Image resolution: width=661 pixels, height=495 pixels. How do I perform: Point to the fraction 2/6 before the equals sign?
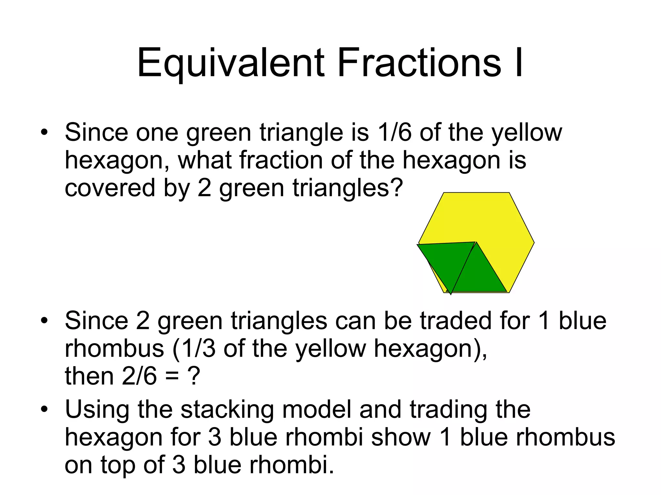(139, 376)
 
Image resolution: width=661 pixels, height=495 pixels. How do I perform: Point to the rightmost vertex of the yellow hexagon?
(534, 243)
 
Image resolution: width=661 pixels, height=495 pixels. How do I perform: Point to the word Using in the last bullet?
(97, 410)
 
